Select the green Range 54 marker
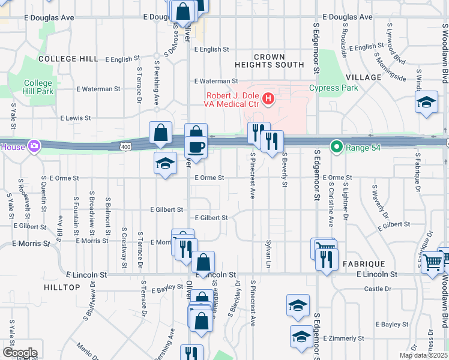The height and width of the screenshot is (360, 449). [337, 146]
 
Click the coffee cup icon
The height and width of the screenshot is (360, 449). [196, 146]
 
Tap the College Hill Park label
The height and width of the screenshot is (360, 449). [38, 87]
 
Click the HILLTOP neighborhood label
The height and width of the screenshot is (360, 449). [62, 287]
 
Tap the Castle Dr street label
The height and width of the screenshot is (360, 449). [378, 289]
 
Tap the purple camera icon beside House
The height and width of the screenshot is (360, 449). [34, 146]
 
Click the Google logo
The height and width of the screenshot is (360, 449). [19, 353]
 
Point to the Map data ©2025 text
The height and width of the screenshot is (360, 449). [423, 355]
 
